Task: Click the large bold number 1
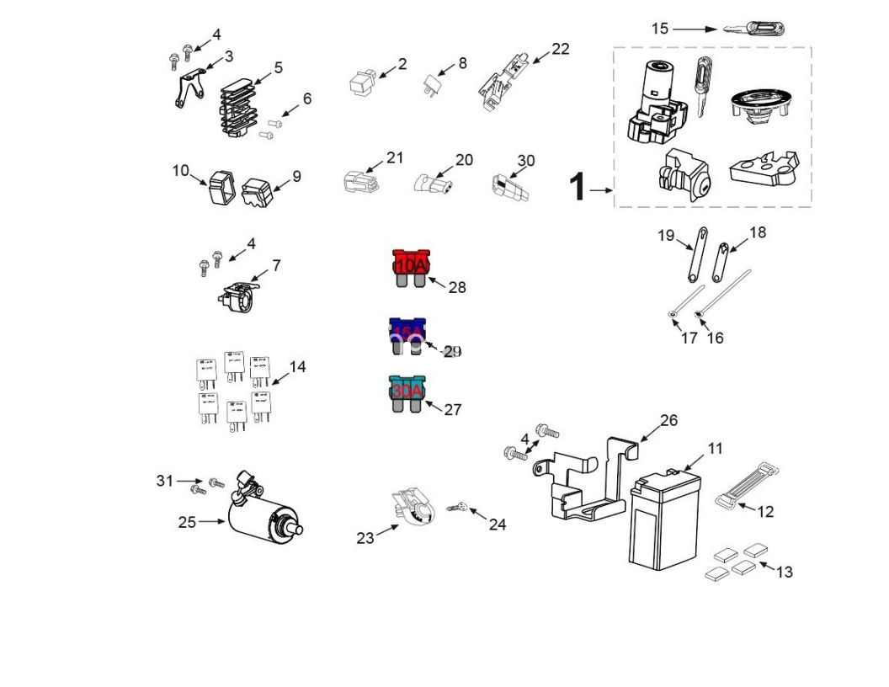pyautogui.click(x=577, y=187)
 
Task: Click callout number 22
pyautogui.click(x=560, y=49)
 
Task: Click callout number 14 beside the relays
pyautogui.click(x=297, y=366)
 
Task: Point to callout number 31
pyautogui.click(x=164, y=481)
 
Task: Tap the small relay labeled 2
pyautogui.click(x=359, y=81)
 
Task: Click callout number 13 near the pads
pyautogui.click(x=784, y=572)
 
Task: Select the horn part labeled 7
pyautogui.click(x=238, y=294)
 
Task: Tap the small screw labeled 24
pyautogui.click(x=458, y=507)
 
